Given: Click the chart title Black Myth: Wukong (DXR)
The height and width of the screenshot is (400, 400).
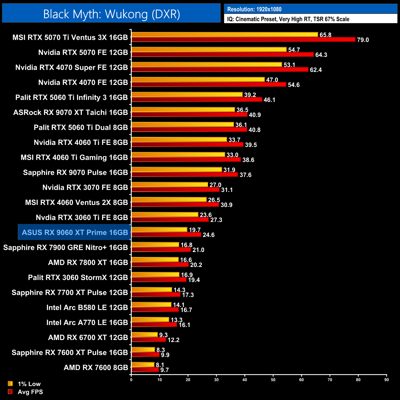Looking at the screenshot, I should point(111,14).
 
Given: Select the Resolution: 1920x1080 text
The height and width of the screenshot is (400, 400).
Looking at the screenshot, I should point(254,9).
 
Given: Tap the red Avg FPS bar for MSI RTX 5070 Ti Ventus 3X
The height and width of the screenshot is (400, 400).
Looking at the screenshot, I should point(243,39).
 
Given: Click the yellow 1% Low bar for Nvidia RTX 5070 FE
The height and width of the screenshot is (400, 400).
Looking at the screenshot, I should point(209,50).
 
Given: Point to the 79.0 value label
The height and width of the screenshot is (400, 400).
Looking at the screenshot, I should point(363,40).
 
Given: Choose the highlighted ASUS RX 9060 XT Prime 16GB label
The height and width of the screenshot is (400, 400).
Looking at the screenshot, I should point(75,232).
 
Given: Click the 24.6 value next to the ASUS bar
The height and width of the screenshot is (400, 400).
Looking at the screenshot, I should point(209,235).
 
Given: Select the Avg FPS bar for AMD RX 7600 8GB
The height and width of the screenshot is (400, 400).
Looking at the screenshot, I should point(145,370).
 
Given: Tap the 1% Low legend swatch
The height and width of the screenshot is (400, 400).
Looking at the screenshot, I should point(10,384).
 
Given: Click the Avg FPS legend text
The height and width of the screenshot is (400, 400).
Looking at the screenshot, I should point(30,392).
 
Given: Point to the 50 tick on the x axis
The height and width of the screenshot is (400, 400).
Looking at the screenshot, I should point(273,380).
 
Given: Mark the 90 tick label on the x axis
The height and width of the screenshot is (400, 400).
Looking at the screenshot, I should point(386,380).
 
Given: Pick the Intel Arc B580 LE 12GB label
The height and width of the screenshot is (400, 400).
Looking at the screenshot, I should point(87,307).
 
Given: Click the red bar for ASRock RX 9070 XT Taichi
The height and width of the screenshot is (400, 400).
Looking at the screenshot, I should point(189,114).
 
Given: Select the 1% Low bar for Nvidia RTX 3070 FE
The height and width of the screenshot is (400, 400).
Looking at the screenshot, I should point(170,185).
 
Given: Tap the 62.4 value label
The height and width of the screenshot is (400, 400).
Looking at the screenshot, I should point(316,70).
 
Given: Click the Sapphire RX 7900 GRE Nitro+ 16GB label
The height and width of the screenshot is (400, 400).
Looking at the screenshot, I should point(66,247).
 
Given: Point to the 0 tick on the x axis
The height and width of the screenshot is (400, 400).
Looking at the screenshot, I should point(131,380).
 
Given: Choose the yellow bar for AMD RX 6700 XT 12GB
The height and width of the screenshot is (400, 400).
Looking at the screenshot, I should point(144,335).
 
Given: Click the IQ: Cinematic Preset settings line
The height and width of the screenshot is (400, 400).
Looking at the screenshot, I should point(288,19).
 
